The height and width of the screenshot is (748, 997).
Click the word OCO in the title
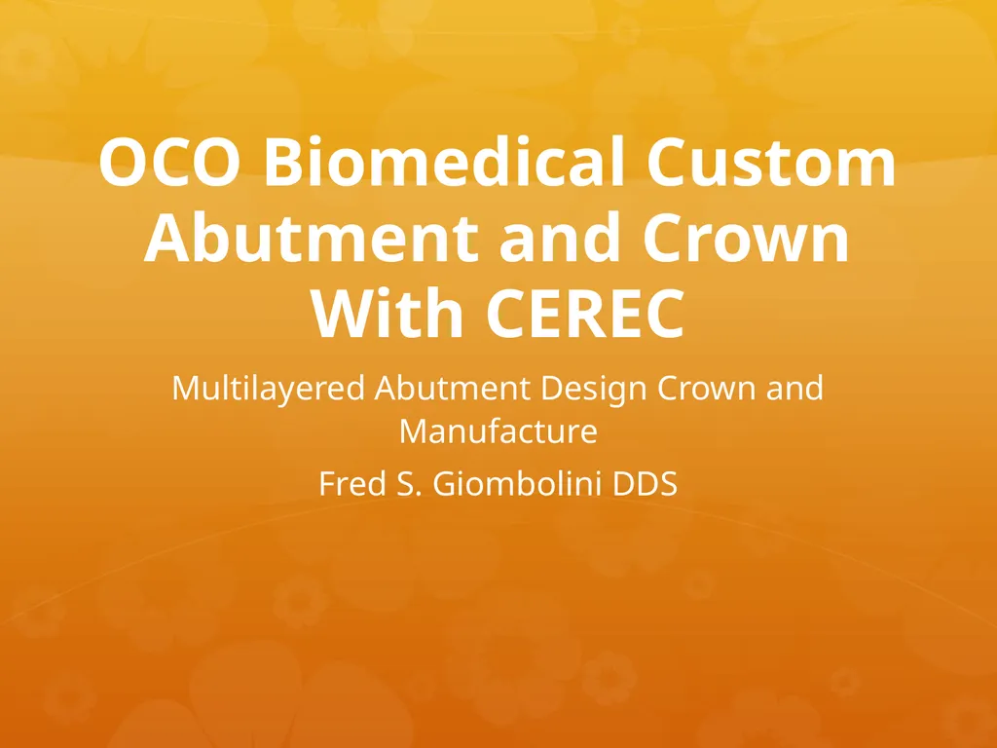pos(169,162)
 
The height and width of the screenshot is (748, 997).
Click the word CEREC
pos(585,315)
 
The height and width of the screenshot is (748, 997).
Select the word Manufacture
pos(498,430)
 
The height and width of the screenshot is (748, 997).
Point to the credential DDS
pos(645,484)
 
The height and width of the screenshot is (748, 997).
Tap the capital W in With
pos(343,315)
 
